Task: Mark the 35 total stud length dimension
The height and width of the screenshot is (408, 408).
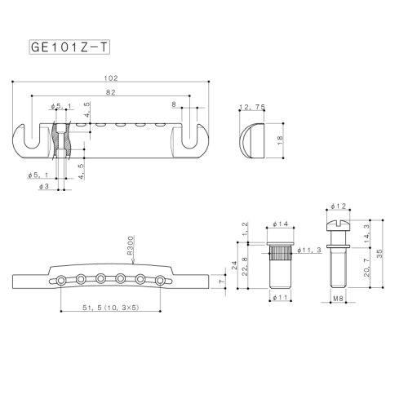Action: [391, 253]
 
